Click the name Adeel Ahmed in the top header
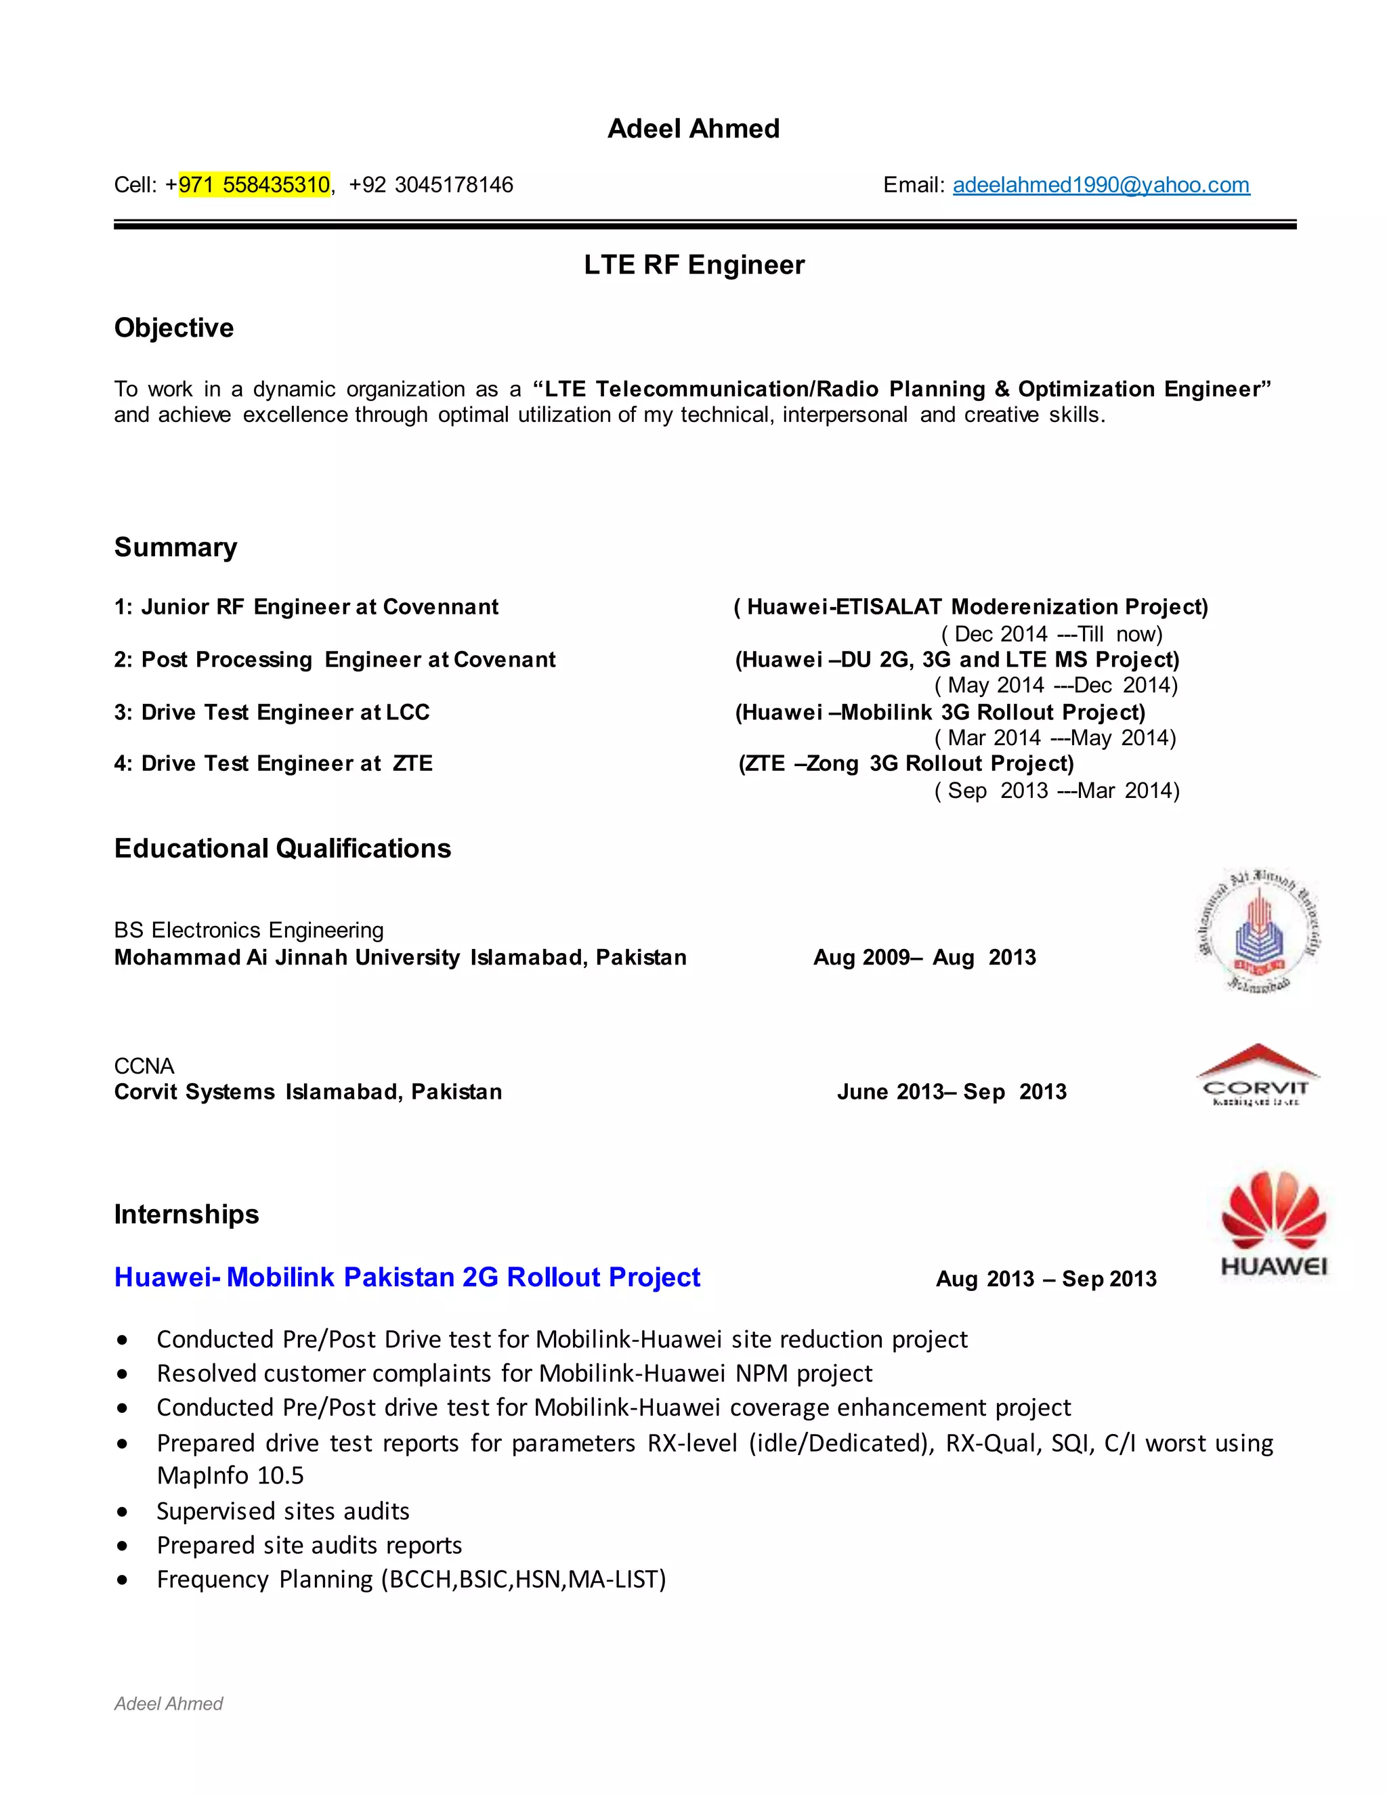[693, 129]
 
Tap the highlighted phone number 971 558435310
[254, 185]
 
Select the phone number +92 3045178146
[431, 185]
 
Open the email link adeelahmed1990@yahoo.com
[1101, 185]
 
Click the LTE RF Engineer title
[693, 265]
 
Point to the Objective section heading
[173, 328]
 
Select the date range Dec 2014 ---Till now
[1051, 634]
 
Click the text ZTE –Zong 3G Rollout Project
[906, 763]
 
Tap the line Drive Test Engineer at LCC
[272, 712]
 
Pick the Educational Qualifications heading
[282, 848]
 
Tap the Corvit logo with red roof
[1256, 1075]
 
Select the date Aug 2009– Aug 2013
[924, 958]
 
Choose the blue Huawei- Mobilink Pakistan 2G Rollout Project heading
[407, 1277]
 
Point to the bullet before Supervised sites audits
[123, 1511]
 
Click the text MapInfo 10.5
[230, 1475]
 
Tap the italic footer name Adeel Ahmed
[169, 1704]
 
